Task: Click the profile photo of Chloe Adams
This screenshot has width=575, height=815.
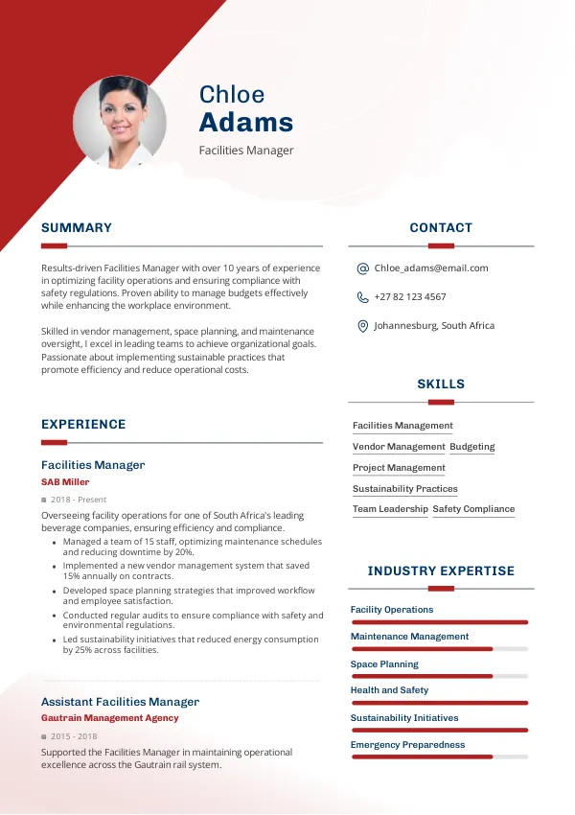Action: [120, 123]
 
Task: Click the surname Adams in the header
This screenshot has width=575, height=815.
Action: [246, 123]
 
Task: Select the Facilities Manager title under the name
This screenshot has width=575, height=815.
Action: [246, 151]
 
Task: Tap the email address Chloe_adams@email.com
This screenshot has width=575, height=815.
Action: [431, 268]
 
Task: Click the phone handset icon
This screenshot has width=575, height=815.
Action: [362, 297]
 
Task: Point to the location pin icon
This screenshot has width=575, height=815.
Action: [362, 326]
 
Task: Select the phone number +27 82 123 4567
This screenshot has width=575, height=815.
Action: [410, 297]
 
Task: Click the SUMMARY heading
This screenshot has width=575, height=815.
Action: [77, 228]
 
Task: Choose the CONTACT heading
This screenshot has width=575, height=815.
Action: [441, 228]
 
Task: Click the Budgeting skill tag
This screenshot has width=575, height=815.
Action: [472, 447]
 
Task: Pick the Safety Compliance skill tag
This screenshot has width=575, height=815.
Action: [473, 509]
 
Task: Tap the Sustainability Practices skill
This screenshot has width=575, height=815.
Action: [405, 489]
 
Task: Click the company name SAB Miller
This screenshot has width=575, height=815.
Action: [65, 482]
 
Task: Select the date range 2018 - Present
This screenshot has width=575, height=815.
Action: [79, 500]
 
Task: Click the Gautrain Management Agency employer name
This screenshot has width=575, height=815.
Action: [109, 718]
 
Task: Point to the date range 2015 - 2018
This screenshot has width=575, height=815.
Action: [74, 736]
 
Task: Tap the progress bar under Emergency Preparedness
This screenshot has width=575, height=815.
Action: [439, 757]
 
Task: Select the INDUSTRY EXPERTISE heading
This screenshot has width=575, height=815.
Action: [441, 571]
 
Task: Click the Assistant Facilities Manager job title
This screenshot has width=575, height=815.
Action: [120, 702]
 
